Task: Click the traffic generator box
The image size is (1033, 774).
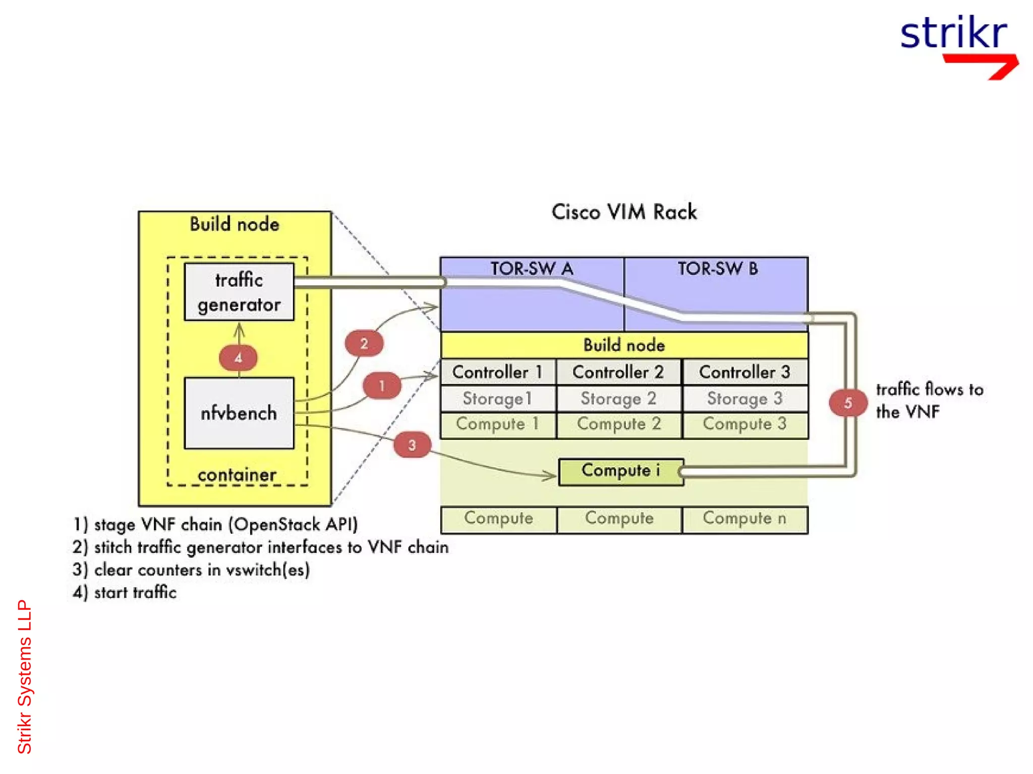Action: [239, 292]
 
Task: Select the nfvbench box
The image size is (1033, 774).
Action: [239, 413]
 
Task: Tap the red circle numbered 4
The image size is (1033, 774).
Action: [238, 358]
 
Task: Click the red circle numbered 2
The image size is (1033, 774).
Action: [364, 344]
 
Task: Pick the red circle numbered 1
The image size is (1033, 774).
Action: [382, 386]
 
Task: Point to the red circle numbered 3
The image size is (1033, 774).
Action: [412, 445]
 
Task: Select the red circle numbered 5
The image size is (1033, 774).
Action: [848, 403]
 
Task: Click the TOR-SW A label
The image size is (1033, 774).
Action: [532, 269]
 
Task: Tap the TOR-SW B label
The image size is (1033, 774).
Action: [717, 269]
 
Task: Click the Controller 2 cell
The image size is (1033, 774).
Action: [618, 372]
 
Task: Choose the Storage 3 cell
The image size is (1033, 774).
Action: [744, 399]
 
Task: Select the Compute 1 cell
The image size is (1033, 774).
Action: [498, 424]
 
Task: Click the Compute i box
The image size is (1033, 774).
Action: [621, 471]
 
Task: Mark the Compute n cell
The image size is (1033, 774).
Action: [744, 519]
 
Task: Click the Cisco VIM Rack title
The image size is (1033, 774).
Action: [624, 212]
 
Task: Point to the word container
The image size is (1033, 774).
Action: [237, 475]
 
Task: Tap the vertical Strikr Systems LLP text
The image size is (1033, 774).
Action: [24, 676]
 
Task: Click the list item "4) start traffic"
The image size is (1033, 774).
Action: [125, 593]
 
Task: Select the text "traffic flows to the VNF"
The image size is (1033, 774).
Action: [929, 401]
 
